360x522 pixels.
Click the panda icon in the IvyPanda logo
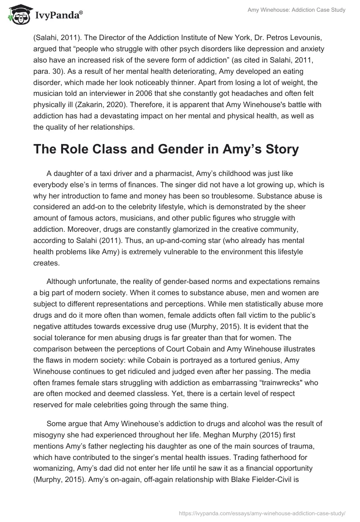17,14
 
